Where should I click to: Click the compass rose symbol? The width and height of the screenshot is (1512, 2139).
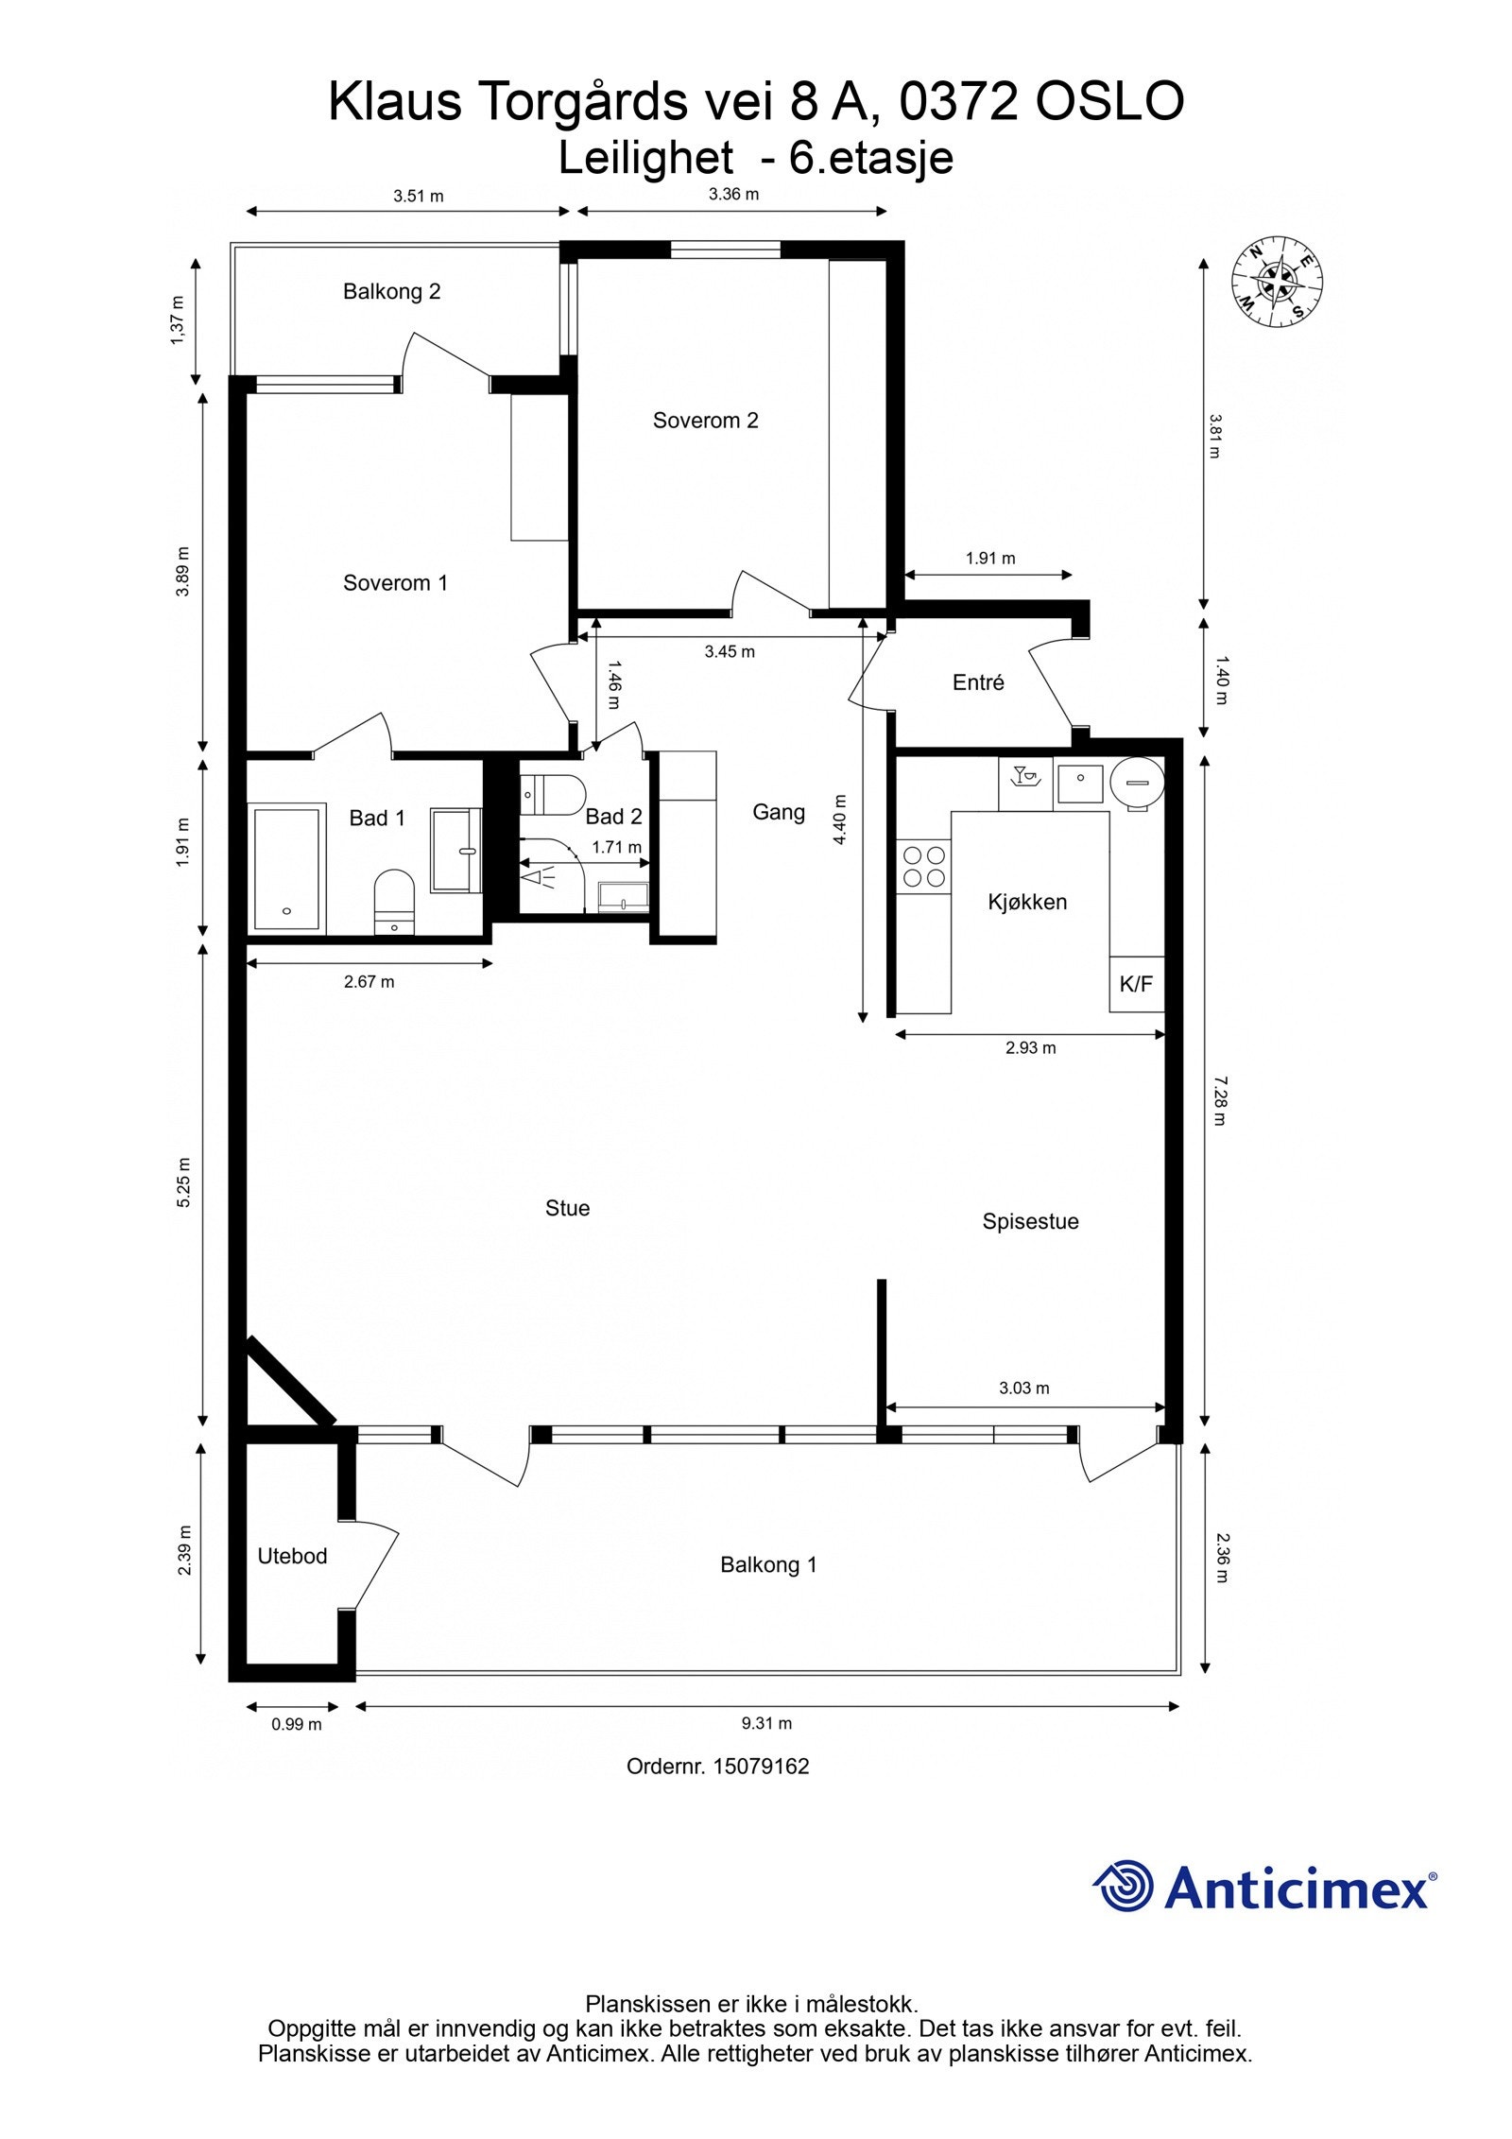1277,281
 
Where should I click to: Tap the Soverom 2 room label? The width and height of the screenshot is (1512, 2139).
705,421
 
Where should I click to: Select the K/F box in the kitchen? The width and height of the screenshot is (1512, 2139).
1136,984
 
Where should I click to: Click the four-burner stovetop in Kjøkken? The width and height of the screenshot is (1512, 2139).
924,866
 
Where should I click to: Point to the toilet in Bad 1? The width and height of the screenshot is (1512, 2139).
394,899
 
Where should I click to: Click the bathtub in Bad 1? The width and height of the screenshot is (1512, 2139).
286,867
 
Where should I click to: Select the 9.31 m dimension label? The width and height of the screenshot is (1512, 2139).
766,1723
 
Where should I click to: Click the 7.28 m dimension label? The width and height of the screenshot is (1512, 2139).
1219,1100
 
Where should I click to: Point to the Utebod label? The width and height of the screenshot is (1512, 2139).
292,1556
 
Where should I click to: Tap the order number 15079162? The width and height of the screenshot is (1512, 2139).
761,1767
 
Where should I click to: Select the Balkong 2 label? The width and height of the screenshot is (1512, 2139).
391,291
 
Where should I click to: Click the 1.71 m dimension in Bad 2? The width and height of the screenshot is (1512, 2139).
616,848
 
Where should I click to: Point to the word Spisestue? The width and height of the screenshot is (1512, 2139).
1030,1221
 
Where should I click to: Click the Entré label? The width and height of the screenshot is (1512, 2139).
978,682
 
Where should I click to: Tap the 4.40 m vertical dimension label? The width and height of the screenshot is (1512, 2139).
839,819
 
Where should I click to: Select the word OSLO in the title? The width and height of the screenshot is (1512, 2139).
1109,102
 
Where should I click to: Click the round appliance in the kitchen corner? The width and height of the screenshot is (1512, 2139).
1137,782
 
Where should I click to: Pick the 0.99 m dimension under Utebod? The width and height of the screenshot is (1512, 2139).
297,1724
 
